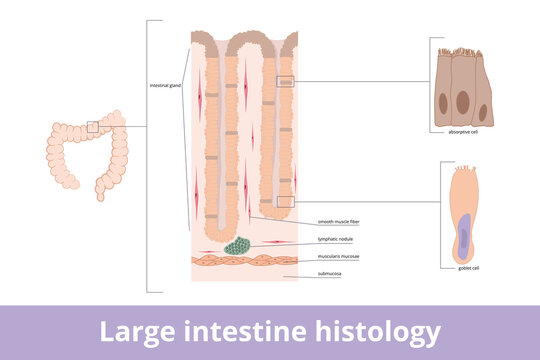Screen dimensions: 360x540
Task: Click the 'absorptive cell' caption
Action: pyautogui.click(x=463, y=131)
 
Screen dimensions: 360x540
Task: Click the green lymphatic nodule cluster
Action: pyautogui.click(x=240, y=245)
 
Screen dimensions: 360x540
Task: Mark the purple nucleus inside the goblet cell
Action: pyautogui.click(x=465, y=233)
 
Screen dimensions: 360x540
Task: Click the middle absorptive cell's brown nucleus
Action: pyautogui.click(x=463, y=101)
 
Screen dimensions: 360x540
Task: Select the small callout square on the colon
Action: pyautogui.click(x=92, y=127)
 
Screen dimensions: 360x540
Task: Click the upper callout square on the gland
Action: pyautogui.click(x=285, y=81)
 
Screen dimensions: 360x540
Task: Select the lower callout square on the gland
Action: pyautogui.click(x=285, y=201)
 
